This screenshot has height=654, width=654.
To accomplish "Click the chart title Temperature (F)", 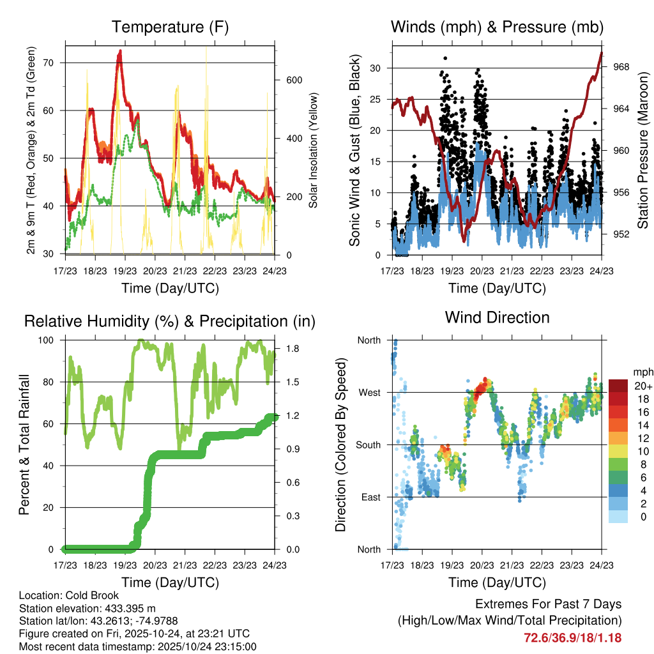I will (170, 27).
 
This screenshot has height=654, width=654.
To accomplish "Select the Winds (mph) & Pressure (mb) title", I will (497, 27).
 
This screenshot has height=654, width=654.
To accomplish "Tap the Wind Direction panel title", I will (497, 317).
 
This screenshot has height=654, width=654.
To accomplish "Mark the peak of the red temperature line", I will (119, 52).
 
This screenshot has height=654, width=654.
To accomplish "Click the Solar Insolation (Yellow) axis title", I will (314, 151).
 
